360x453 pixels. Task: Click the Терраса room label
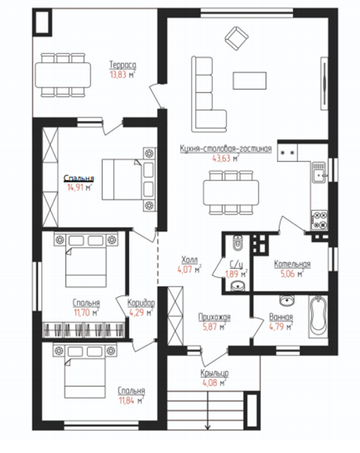click(123, 65)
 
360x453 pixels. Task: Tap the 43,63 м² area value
click(226, 158)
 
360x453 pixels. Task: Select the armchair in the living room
click(237, 38)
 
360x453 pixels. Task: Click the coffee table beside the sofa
click(250, 81)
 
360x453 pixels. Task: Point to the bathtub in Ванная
click(318, 316)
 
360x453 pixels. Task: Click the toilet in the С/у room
click(238, 243)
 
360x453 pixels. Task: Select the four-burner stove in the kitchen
click(320, 220)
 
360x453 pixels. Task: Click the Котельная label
click(292, 263)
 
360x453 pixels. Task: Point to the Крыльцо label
click(214, 374)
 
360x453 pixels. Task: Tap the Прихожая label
click(214, 317)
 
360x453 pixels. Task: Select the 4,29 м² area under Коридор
click(141, 313)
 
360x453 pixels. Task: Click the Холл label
click(189, 260)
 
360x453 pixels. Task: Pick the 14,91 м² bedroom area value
click(79, 187)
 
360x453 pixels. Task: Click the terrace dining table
click(63, 75)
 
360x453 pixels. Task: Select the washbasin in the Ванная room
click(287, 300)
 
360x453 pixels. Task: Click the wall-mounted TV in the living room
click(324, 84)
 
